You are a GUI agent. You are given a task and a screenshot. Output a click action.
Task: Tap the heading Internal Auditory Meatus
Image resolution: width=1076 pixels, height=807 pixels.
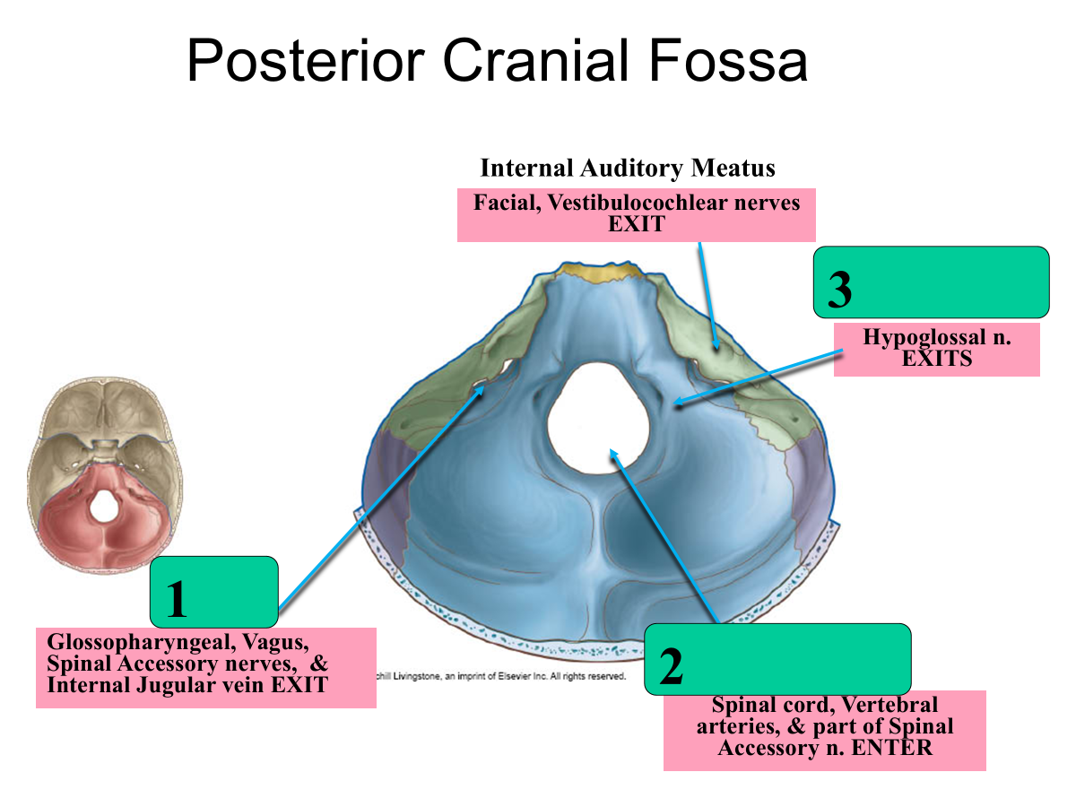pyautogui.click(x=628, y=168)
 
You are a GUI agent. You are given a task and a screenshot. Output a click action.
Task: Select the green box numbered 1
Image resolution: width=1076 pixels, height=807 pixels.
pyautogui.click(x=213, y=591)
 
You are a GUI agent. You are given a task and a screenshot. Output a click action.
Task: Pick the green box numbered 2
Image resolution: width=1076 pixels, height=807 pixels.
pyautogui.click(x=777, y=659)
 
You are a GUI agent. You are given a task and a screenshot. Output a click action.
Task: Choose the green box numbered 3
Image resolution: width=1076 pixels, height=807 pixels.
pyautogui.click(x=931, y=282)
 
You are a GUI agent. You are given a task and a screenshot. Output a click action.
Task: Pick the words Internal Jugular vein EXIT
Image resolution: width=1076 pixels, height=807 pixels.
pyautogui.click(x=187, y=686)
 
